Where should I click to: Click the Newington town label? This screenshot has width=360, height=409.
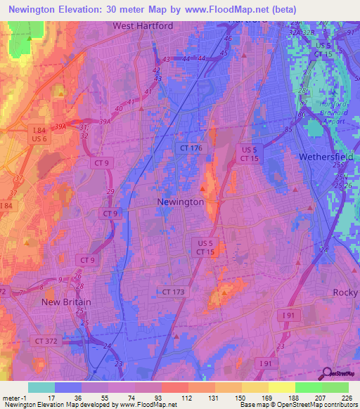click(x=180, y=202)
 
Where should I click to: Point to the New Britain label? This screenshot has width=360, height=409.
click(x=67, y=302)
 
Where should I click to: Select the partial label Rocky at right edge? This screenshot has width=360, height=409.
click(x=345, y=292)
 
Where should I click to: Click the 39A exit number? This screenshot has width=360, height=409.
click(x=60, y=125)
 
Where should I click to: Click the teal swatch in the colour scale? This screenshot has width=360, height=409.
click(x=41, y=387)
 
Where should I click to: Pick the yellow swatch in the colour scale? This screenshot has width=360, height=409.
click(x=281, y=387)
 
